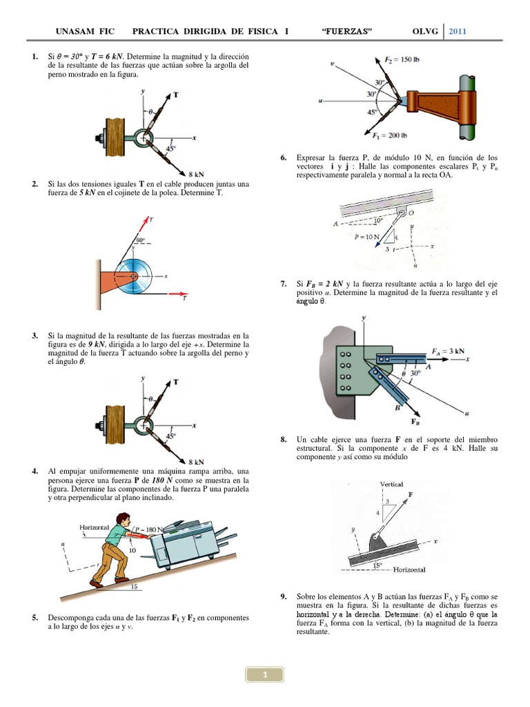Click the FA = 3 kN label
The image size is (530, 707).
[x=449, y=351]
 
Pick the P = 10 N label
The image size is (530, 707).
[x=367, y=237]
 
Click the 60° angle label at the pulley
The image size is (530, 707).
[x=141, y=240]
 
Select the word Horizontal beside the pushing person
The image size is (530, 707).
[x=95, y=527]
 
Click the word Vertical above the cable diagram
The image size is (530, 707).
[x=391, y=485]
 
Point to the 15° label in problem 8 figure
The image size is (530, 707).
[x=377, y=565]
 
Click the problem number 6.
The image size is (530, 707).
[x=284, y=158]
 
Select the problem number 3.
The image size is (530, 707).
[x=35, y=336]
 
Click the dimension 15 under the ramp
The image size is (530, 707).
[x=134, y=587]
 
